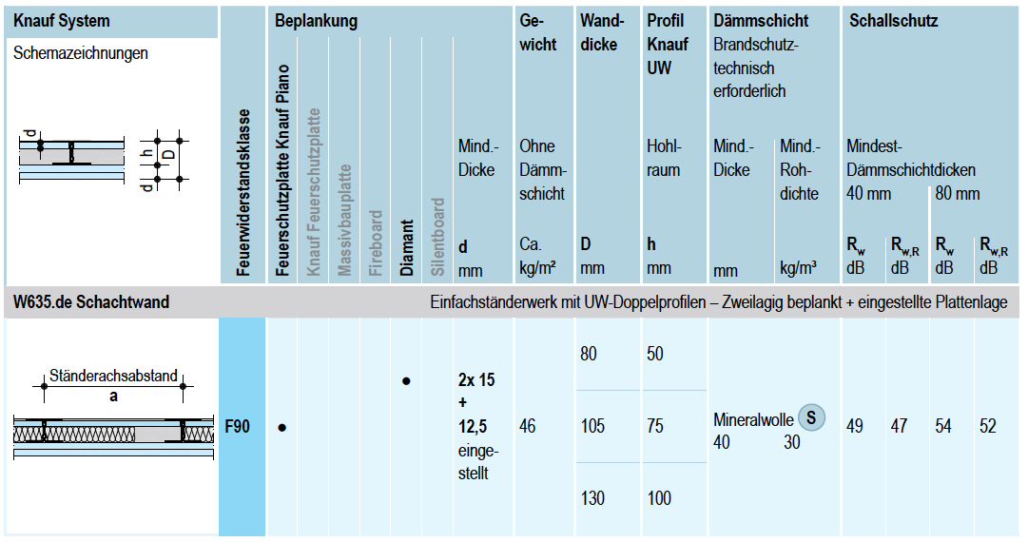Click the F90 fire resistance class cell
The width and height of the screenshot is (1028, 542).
238,427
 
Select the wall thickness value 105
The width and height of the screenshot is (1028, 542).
592,427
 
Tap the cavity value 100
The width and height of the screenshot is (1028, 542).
659,498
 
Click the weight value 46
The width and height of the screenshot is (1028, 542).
528,427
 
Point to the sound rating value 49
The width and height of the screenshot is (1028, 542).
855,427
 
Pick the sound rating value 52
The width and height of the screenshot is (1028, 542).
988,427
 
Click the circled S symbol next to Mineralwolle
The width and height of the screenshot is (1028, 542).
810,416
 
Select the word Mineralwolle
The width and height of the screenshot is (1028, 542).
752,418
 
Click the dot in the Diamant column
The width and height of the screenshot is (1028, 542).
406,381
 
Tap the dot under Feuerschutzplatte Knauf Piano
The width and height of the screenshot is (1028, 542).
282,428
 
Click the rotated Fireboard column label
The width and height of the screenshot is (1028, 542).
376,243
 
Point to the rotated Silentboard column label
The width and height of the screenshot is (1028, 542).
437,237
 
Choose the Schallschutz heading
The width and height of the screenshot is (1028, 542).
893,20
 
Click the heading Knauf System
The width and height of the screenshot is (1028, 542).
62,20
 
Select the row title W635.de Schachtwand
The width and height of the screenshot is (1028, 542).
91,302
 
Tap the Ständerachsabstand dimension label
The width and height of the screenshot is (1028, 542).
113,376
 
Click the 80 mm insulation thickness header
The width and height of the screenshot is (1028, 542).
957,194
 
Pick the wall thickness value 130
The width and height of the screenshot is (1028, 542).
592,498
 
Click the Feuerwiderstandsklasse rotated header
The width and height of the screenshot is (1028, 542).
244,193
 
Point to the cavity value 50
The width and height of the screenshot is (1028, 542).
655,354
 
